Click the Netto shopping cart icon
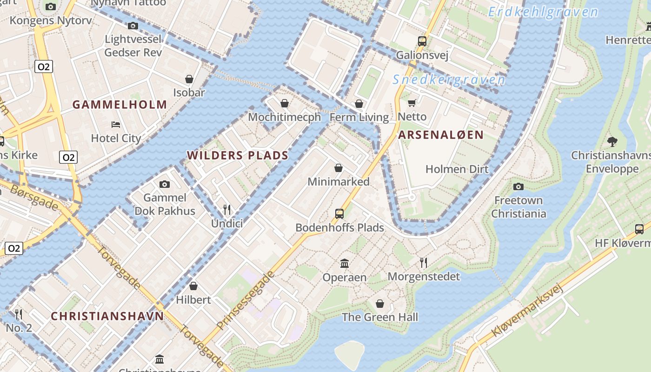pos(412,103)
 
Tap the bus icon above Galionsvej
pos(422,41)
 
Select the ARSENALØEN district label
pos(441,135)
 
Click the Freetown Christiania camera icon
pos(518,187)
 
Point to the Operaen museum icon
pos(345,264)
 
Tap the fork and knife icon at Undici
pos(227,210)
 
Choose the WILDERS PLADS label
pos(238,155)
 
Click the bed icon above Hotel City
pos(116,125)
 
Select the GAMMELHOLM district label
pos(120,105)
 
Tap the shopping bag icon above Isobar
pos(189,79)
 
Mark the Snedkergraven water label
pos(449,80)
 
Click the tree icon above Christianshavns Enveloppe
pos(612,141)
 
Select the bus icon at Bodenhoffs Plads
pos(339,214)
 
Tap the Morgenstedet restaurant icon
pos(423,263)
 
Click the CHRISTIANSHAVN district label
pos(107,316)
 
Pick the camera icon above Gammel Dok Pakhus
pos(164,185)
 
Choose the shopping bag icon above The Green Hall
pos(380,304)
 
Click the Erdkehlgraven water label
pos(543,12)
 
